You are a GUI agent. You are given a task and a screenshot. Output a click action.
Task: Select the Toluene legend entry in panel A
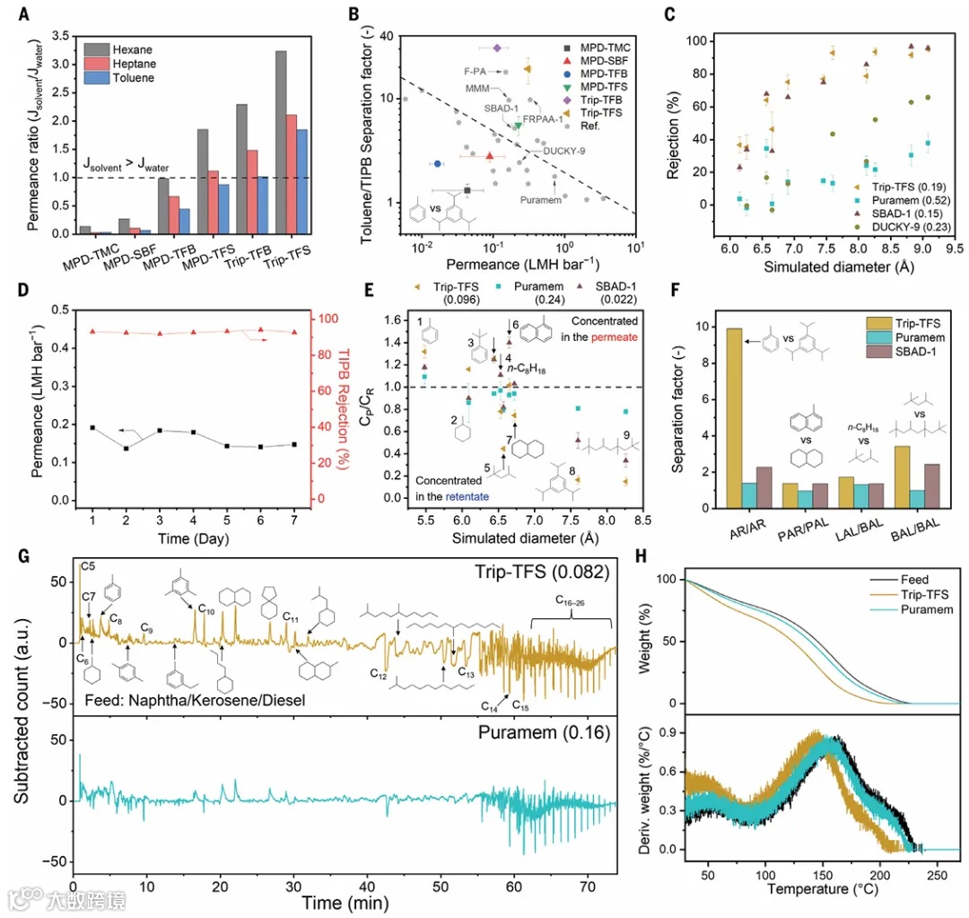pyautogui.click(x=134, y=78)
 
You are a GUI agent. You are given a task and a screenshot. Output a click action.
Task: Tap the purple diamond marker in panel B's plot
pyautogui.click(x=498, y=47)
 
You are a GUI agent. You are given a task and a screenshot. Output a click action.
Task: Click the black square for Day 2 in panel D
pyautogui.click(x=127, y=448)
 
